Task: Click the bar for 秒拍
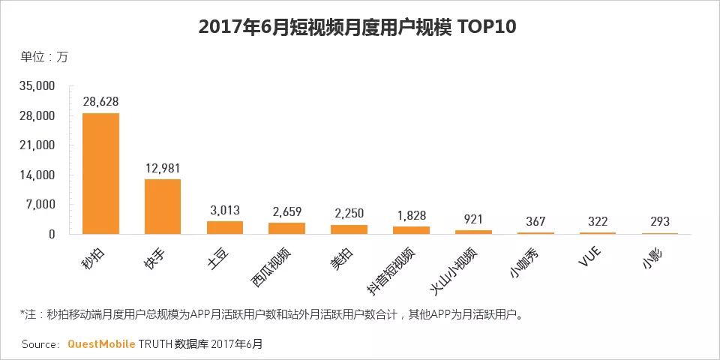(x=100, y=173)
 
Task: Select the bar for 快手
(x=163, y=206)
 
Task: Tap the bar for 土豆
(x=225, y=227)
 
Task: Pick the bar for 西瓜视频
(x=287, y=228)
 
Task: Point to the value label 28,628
(x=100, y=101)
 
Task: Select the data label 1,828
(x=412, y=215)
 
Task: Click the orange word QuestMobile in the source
(x=101, y=344)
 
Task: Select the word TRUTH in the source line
(x=155, y=344)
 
